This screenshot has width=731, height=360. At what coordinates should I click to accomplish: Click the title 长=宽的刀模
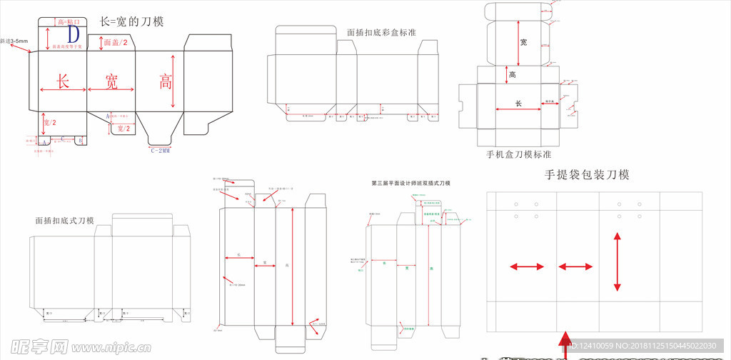(132, 21)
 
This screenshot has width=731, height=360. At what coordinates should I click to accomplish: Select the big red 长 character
(63, 81)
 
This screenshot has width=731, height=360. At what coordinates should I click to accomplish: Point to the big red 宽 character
(111, 81)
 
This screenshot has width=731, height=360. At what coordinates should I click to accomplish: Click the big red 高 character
(166, 81)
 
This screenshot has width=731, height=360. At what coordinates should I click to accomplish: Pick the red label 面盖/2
(116, 44)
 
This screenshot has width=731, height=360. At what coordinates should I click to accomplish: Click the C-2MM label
(161, 151)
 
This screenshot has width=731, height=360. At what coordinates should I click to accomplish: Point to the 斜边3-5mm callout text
(14, 41)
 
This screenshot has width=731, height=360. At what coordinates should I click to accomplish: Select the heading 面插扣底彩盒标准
(381, 32)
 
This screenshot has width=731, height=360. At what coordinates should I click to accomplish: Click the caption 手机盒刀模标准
(518, 154)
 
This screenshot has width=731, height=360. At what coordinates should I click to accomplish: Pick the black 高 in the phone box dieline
(513, 74)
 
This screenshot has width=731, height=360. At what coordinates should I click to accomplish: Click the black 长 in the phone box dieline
(518, 104)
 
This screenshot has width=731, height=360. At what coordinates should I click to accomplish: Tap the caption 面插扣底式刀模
(64, 221)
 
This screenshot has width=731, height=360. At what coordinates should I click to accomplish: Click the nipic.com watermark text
(107, 348)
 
